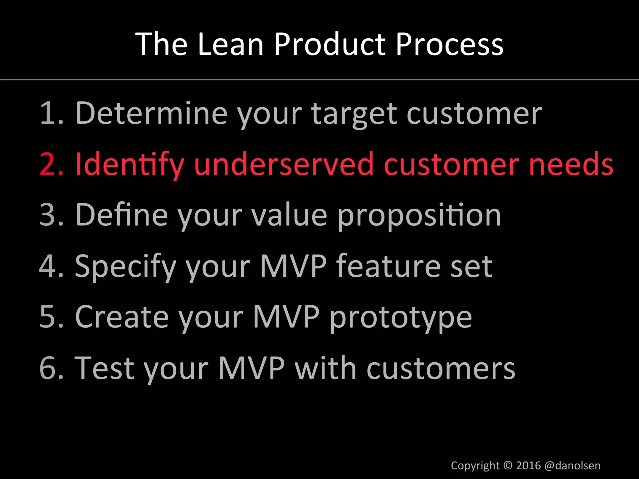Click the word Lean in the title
pos(231,44)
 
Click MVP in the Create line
pos(286,317)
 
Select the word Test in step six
pos(105,368)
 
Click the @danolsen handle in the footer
pos(572,466)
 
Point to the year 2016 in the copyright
pos(528,466)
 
